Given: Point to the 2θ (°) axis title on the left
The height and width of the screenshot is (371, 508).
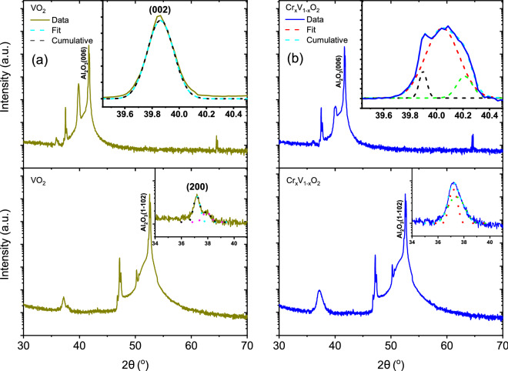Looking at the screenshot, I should tap(136, 360).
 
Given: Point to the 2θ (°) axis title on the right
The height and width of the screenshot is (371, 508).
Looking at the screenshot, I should tap(391, 360).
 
